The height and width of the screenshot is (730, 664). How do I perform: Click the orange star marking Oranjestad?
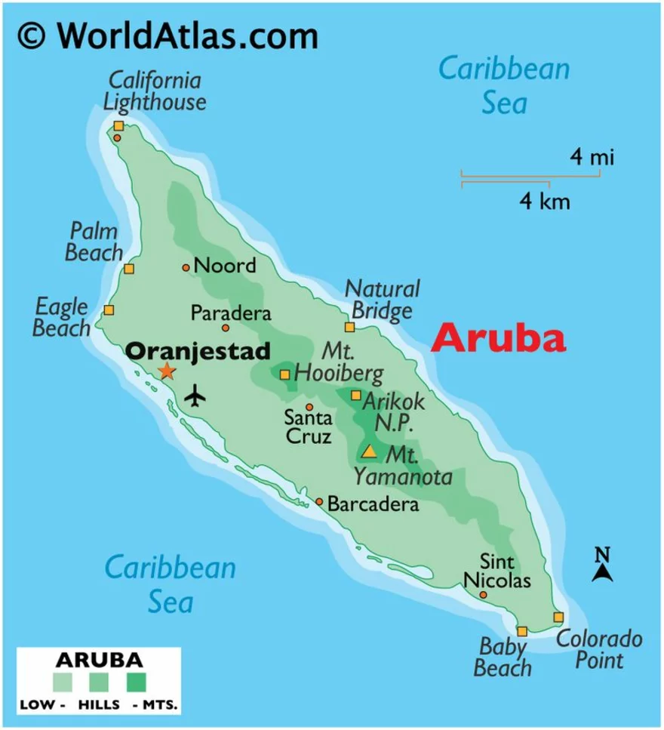point(166,371)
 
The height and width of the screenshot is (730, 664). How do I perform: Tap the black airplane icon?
point(195,395)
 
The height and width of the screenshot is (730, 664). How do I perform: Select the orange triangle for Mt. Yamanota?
point(369,452)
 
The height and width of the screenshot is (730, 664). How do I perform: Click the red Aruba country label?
point(498,339)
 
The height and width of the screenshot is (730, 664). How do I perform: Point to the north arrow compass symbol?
point(601,565)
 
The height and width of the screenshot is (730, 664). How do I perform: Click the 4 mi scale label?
point(592,158)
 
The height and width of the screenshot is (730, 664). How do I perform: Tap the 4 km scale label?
point(544,202)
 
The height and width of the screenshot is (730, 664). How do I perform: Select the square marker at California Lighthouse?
point(118,126)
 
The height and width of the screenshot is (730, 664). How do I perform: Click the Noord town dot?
point(186,267)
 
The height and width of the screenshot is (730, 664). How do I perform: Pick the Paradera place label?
point(230,313)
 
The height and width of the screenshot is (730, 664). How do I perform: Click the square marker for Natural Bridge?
point(349,327)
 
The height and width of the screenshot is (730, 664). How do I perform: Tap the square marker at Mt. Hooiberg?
point(284,374)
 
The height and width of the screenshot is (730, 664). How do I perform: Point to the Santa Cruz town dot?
point(309,407)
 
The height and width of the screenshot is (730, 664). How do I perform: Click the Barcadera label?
point(373,504)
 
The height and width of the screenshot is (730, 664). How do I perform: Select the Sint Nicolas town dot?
point(483,595)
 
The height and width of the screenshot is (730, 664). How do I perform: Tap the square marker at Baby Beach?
point(521,631)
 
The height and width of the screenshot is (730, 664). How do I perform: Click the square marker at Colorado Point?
point(558,617)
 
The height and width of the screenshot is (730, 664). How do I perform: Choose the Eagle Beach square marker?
point(109,310)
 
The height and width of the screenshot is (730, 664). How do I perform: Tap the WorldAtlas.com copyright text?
point(167,35)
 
